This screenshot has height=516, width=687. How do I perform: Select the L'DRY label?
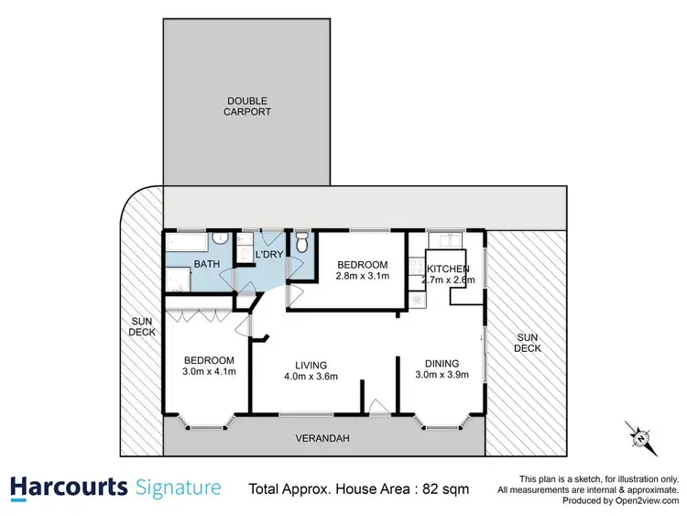click(268, 253)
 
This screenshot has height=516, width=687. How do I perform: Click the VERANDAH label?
click(323, 438)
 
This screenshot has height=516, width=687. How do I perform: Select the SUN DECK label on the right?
click(527, 342)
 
